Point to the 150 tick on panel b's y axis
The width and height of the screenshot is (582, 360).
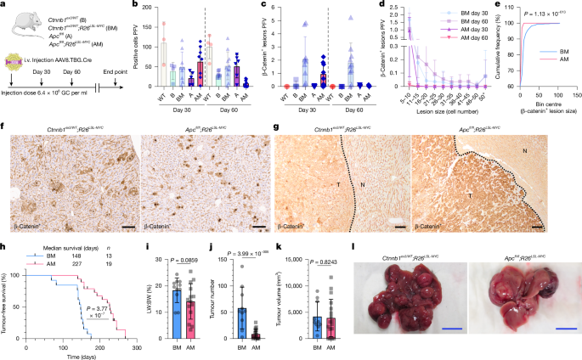click(150, 14)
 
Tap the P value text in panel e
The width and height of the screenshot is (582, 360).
click(537, 14)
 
